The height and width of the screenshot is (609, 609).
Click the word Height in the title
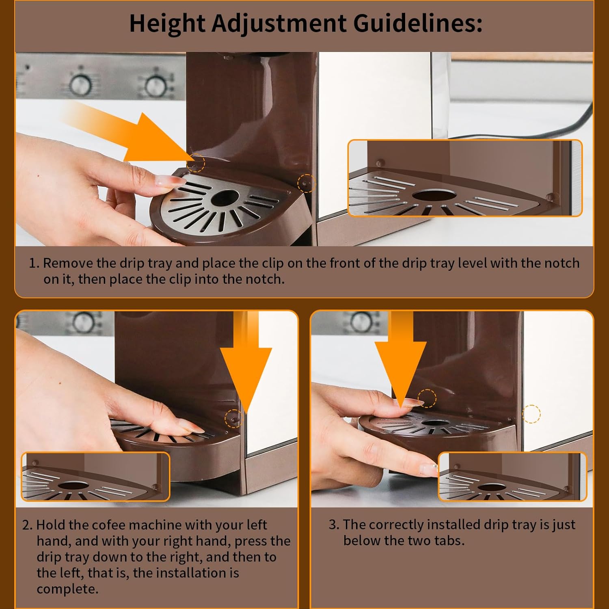167,24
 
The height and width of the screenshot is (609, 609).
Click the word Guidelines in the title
418,24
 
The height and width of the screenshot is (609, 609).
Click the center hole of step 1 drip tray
225,198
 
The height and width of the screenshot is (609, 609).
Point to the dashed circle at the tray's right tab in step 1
307,183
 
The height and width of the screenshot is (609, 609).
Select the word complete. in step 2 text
68,589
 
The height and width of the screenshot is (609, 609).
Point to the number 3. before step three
334,525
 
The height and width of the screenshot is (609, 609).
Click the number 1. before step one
34,263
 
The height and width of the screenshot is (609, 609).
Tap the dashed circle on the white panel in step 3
531,414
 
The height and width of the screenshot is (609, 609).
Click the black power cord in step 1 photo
528,130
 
